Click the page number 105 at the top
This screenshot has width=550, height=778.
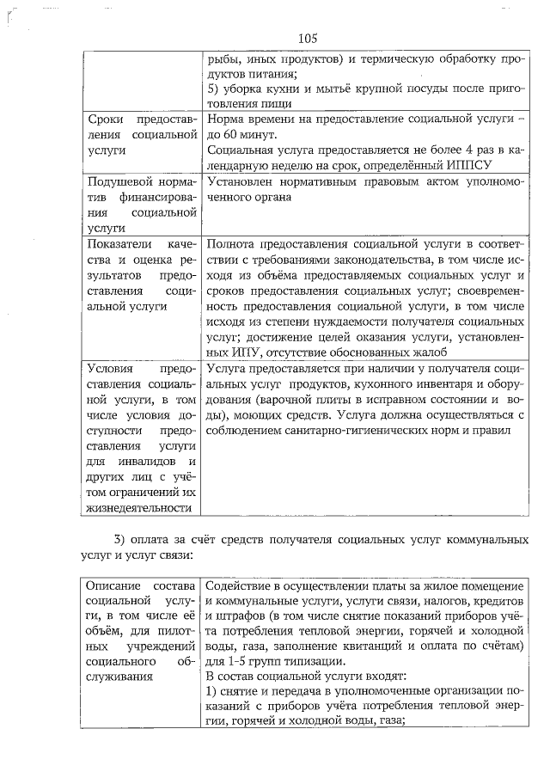click(309, 38)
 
